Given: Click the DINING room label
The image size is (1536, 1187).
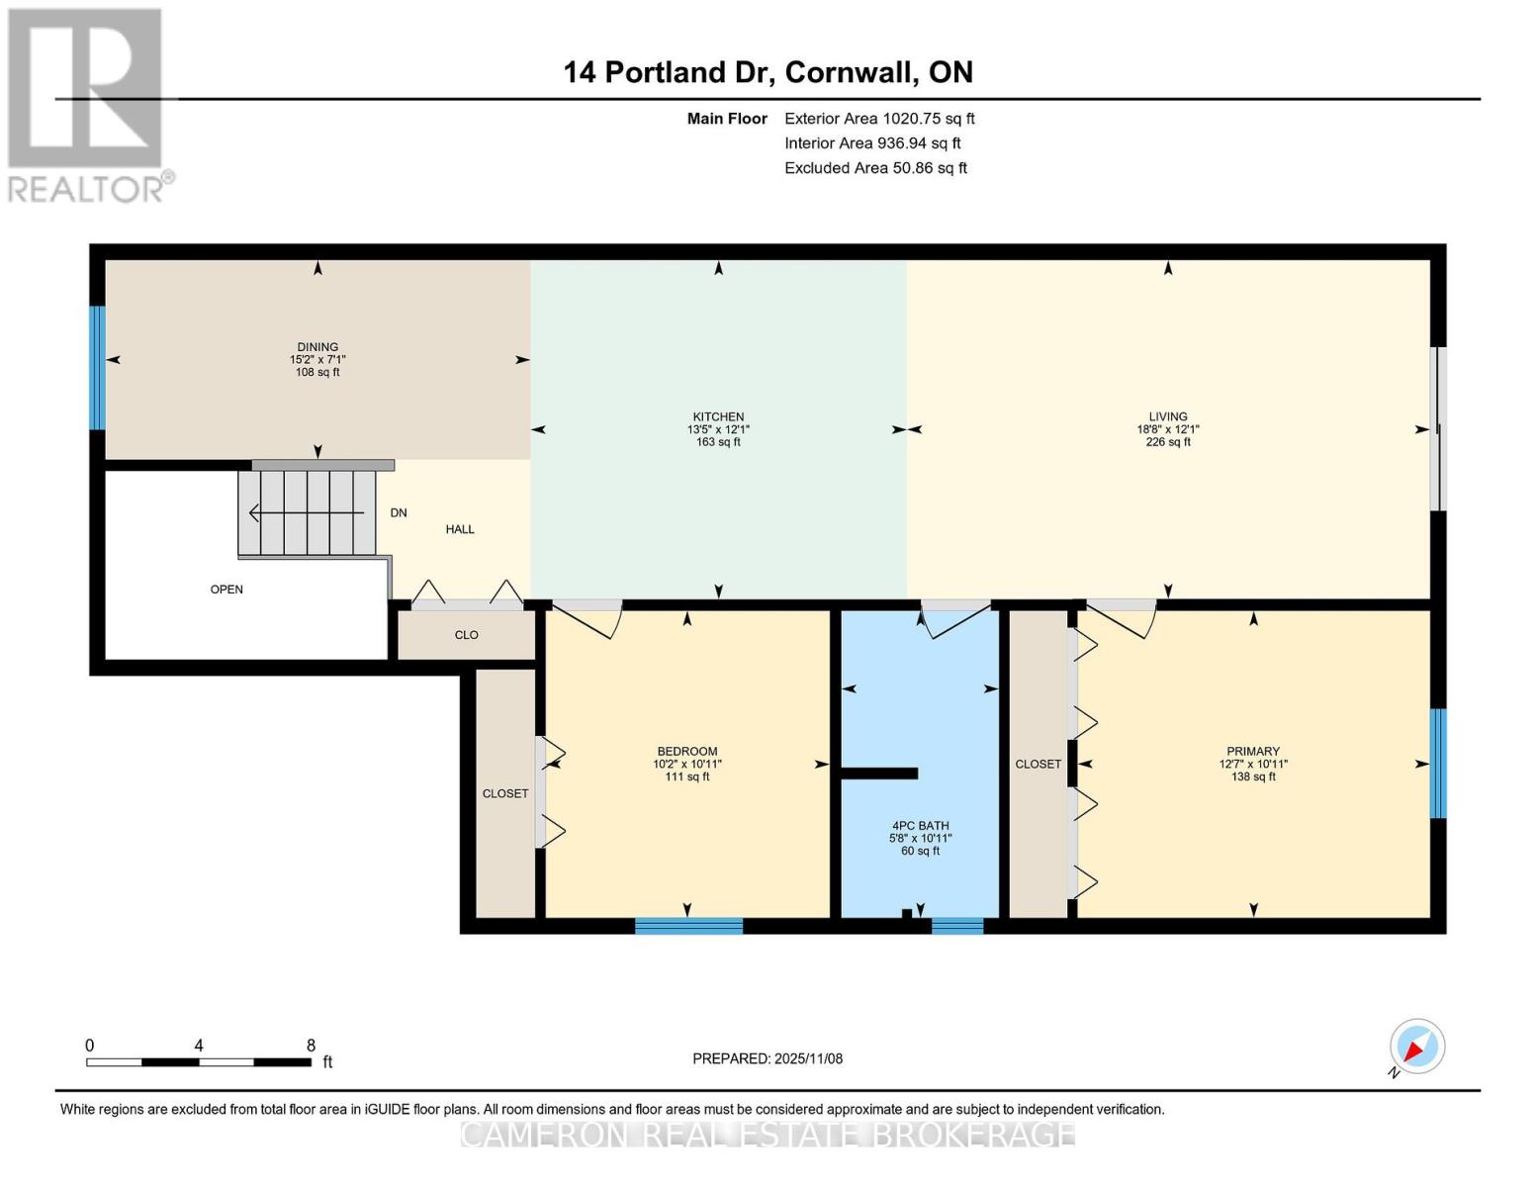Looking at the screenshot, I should (x=317, y=347).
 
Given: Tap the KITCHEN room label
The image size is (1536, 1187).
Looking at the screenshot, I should (x=718, y=416).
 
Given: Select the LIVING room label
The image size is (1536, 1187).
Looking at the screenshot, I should (x=1168, y=416).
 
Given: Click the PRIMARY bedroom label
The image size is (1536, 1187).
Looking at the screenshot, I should (x=1253, y=751).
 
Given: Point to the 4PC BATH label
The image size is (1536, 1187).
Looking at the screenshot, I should (x=920, y=825).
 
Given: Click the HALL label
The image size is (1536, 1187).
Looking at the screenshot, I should (x=460, y=529).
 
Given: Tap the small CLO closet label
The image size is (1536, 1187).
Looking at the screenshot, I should (x=467, y=635).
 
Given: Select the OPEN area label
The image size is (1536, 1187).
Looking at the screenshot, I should (x=226, y=590).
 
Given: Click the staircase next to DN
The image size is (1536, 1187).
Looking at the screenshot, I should (x=308, y=512).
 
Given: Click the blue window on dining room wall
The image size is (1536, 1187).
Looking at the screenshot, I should (x=97, y=368).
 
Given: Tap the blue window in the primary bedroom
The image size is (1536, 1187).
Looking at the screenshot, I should (x=1438, y=764).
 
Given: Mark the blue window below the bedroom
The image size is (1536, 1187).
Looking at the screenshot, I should (x=688, y=926).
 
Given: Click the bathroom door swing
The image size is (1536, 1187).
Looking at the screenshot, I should (x=954, y=619).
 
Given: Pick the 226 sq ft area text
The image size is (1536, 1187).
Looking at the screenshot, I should (x=1168, y=442).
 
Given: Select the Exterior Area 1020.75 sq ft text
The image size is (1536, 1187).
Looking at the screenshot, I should (x=879, y=119).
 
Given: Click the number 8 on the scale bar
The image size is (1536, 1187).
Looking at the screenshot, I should (x=311, y=1046).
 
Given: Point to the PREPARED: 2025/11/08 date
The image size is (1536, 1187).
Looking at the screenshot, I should (x=768, y=1058).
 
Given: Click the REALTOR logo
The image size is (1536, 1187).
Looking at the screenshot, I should (x=87, y=104).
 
